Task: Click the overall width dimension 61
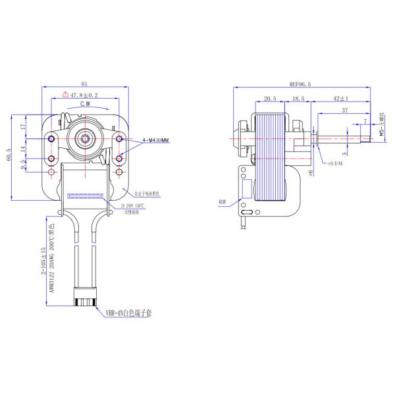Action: point(85,84)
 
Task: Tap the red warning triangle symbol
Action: point(66,95)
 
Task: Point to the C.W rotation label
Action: point(86,105)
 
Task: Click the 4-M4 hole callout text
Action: point(155,141)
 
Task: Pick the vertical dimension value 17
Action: point(24,126)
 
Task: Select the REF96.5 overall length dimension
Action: point(300,84)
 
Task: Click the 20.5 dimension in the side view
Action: point(269,98)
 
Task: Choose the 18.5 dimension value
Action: point(298,98)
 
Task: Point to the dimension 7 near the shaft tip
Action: point(365,120)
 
